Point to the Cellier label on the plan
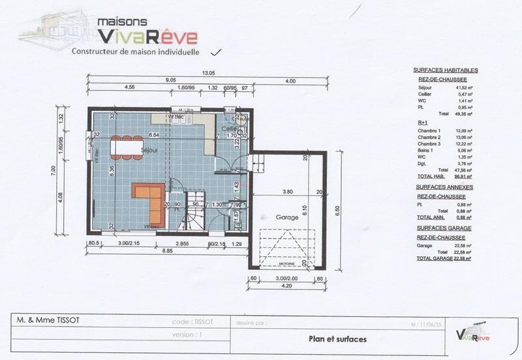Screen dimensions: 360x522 pyautogui.click(x=228, y=129)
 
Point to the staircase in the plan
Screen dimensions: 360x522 pyautogui.click(x=194, y=209)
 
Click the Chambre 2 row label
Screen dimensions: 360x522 pyautogui.click(x=430, y=138)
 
